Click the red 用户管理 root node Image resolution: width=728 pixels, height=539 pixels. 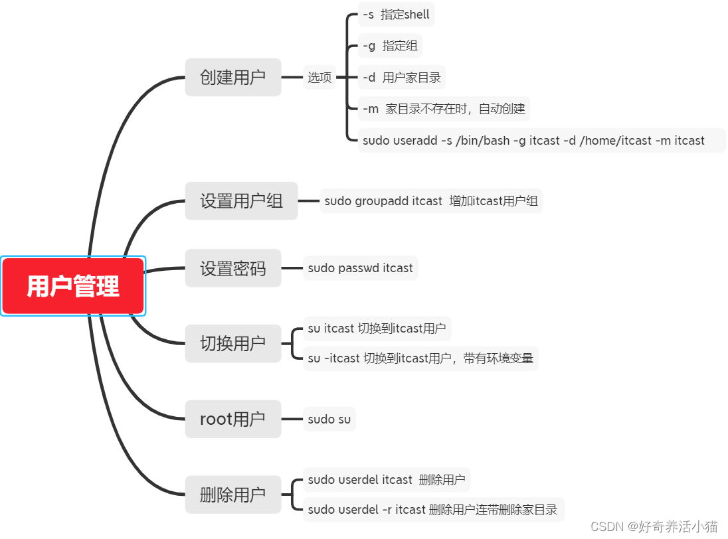(73, 286)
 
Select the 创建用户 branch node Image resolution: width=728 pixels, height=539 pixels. (232, 77)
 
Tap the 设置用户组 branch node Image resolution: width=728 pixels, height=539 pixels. (241, 200)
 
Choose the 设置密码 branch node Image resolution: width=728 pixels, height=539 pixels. (232, 268)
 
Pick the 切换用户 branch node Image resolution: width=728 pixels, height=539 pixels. (232, 343)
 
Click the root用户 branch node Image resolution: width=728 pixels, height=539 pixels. (232, 419)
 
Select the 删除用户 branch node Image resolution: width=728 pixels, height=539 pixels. (232, 495)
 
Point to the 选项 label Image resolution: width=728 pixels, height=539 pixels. (319, 78)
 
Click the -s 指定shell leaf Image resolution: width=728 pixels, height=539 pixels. (396, 15)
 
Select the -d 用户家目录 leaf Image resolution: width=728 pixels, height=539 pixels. (401, 78)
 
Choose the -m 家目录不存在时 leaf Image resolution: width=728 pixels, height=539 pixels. (444, 109)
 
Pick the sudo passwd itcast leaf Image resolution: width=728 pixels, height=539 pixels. (360, 268)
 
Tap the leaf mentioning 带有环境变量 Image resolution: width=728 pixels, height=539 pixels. (420, 358)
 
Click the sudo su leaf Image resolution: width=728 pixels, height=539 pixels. (329, 419)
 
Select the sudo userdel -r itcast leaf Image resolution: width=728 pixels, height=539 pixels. (433, 510)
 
